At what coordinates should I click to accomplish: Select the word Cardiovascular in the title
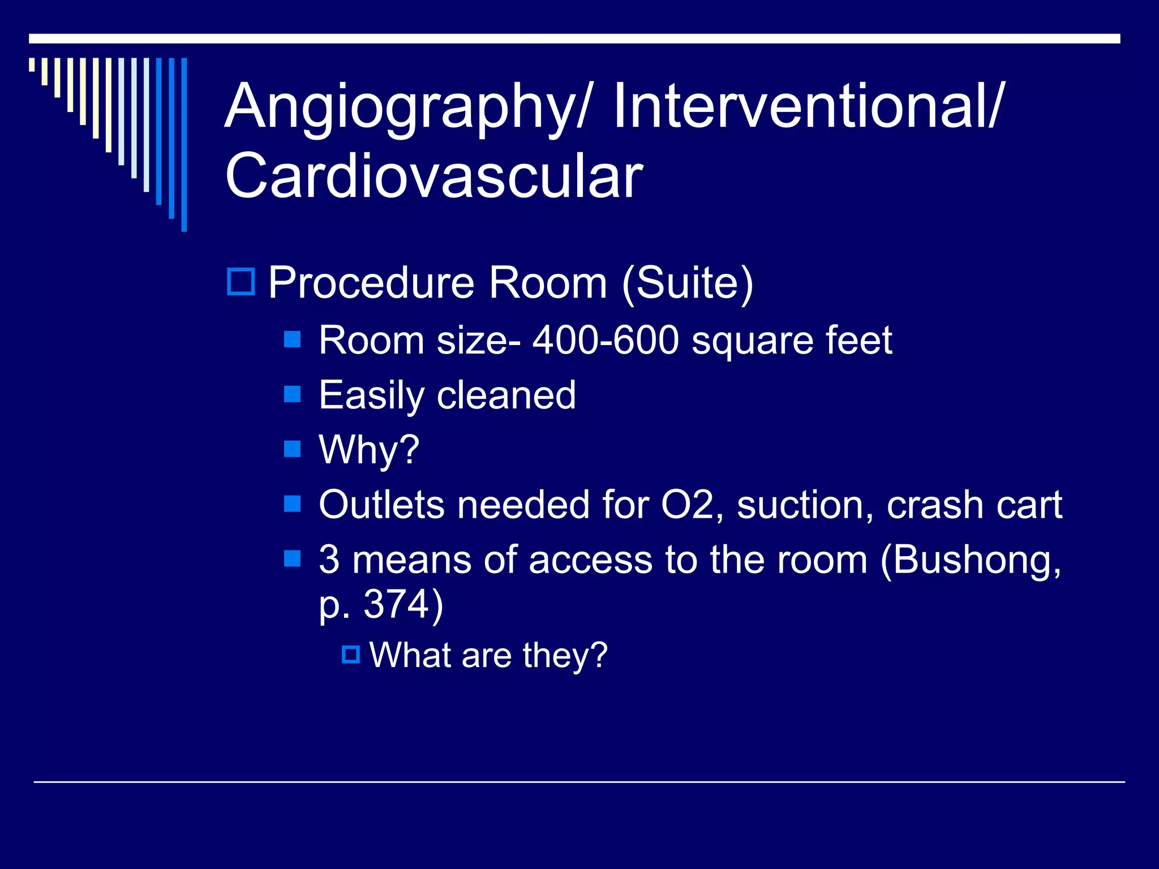(x=434, y=177)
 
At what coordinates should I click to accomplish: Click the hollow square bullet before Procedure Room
(x=242, y=281)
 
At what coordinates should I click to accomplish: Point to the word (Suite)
(x=687, y=283)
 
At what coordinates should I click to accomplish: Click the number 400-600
(x=606, y=341)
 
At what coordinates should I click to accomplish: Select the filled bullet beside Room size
(x=292, y=339)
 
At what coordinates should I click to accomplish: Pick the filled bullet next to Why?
(x=292, y=449)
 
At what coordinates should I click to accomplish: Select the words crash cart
(x=974, y=505)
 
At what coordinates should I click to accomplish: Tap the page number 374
(x=397, y=604)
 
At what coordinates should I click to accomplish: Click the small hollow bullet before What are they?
(x=351, y=655)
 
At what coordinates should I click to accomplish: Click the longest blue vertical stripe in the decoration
(x=184, y=144)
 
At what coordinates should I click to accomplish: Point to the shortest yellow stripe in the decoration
(x=32, y=64)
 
